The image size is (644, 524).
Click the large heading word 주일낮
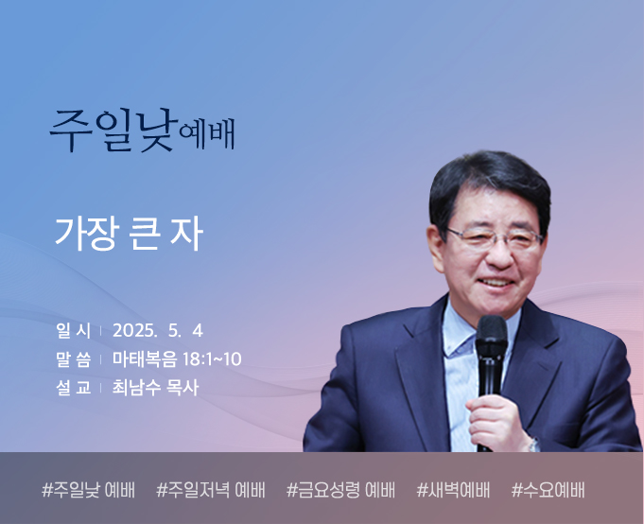point(113,131)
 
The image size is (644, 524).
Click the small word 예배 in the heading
point(207,134)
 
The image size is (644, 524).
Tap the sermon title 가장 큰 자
point(129,234)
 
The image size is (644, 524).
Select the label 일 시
point(74,331)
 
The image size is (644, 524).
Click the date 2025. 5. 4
point(158,331)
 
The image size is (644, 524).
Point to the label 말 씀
point(74,359)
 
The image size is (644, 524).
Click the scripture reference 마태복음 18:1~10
point(177,359)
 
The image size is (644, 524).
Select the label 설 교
point(74,388)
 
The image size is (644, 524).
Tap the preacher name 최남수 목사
point(156,388)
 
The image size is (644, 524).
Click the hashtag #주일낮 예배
point(88,490)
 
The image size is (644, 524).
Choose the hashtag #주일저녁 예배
point(211,490)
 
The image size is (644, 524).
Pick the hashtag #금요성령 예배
point(340,490)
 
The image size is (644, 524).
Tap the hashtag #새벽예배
point(453,490)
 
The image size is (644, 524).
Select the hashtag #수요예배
point(548,490)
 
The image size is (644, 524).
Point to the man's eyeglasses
point(495,239)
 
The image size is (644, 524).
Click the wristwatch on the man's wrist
point(533,445)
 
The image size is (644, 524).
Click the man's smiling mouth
point(496,282)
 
